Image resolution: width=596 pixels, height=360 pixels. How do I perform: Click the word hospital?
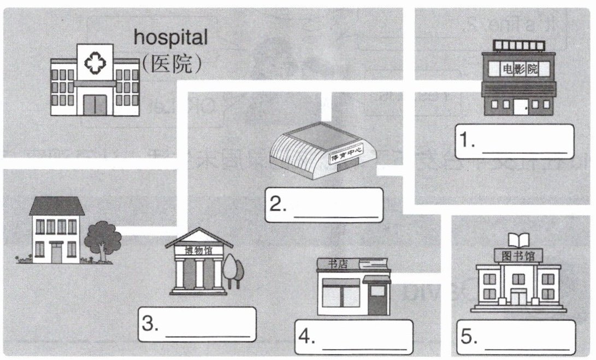pos(170,37)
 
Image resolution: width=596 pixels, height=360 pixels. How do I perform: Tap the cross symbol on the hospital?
pos(95,64)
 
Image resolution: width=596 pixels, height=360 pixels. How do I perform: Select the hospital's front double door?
pos(96,104)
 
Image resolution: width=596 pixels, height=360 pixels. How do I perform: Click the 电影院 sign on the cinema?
pos(518,69)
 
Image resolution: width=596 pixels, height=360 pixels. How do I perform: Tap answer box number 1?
pos(514,141)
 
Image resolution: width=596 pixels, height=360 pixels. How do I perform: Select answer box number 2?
pos(324,205)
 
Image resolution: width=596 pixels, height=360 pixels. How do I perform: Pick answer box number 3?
pos(197,324)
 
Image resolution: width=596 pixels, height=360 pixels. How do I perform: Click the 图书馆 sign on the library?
pos(517,256)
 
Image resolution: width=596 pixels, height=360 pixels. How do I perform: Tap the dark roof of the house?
pos(57,206)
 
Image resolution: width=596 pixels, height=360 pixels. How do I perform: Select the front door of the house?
pos(57,252)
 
